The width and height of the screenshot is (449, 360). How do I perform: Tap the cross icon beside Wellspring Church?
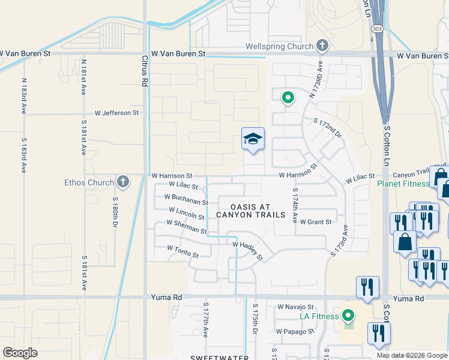click(x=322, y=46)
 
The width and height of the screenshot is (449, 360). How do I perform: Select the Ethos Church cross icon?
click(x=122, y=181)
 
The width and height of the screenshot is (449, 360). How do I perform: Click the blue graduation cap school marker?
click(x=253, y=139)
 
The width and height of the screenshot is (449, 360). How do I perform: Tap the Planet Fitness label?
click(x=403, y=184)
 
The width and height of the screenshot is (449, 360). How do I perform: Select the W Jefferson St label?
click(x=116, y=112)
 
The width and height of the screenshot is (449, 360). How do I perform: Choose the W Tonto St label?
click(x=182, y=251)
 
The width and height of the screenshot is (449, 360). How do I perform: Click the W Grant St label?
click(x=315, y=222)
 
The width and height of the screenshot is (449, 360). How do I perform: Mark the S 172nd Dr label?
click(x=327, y=128)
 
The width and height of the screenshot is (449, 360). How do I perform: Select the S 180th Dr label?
click(x=115, y=212)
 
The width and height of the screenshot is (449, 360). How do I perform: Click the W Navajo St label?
click(x=296, y=307)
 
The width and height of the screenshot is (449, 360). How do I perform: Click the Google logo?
click(x=20, y=353)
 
